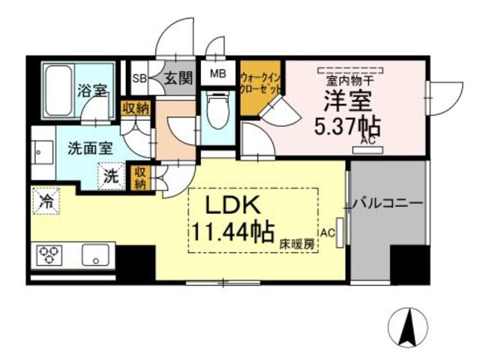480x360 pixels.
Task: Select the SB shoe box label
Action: (139, 77)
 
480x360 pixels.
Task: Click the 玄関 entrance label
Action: (179, 77)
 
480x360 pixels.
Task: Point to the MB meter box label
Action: (218, 73)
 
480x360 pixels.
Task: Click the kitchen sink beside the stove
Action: (97, 255)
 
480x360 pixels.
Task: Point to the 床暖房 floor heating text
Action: (297, 244)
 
